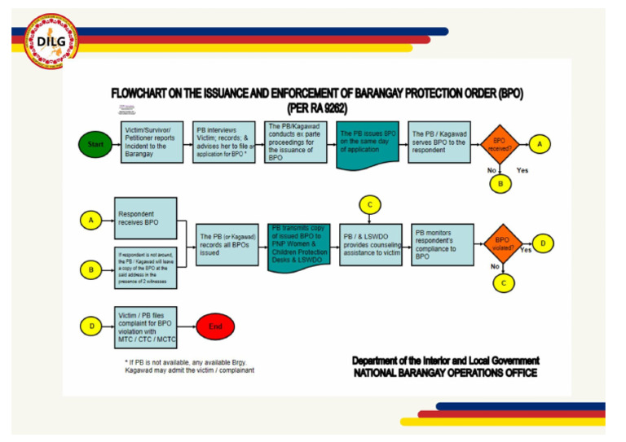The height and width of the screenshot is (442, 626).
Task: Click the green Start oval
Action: pos(96,144)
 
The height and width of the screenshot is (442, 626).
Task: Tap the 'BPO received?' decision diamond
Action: pos(498,144)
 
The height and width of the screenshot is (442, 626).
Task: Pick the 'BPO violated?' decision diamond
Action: pos(502,244)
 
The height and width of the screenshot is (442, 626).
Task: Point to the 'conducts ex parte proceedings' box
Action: pos(296,142)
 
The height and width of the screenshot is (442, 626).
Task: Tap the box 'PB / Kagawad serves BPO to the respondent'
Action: pos(441,142)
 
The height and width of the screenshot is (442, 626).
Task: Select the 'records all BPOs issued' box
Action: pos(228,243)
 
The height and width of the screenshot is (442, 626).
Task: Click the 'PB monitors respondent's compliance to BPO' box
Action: pos(442,243)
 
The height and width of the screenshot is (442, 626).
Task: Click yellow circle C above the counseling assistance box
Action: pos(370,203)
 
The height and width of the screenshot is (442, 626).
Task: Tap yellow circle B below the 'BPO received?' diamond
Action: pos(500,185)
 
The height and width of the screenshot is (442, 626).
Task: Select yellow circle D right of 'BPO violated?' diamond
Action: pos(544,243)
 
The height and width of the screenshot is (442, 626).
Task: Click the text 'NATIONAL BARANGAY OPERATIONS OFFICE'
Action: pos(445,373)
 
